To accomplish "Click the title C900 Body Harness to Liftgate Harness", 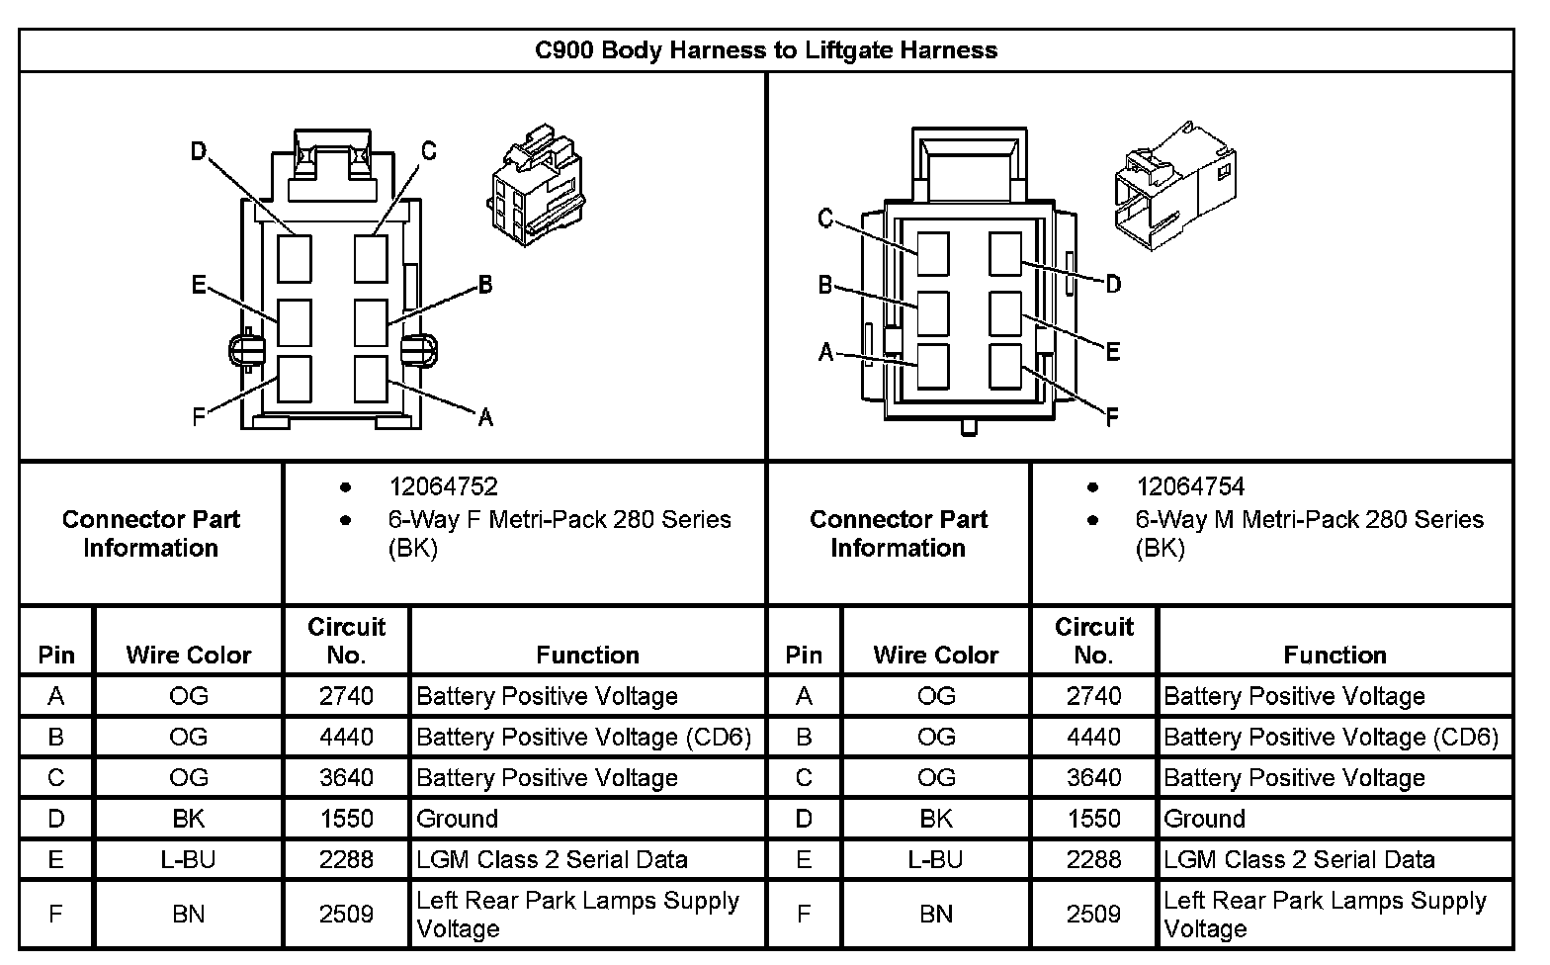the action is [x=766, y=50].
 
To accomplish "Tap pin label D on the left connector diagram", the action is [x=199, y=151].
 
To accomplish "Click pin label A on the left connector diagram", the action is [x=485, y=417].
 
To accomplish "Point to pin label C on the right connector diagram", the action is [x=824, y=219].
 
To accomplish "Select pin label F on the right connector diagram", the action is [x=1112, y=416].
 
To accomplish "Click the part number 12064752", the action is [x=444, y=486].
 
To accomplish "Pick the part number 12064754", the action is [x=1190, y=486].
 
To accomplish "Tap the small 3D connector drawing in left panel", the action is [x=537, y=185].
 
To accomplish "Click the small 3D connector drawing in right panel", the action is [x=1175, y=186].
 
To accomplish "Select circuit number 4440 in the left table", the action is [x=346, y=737].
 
